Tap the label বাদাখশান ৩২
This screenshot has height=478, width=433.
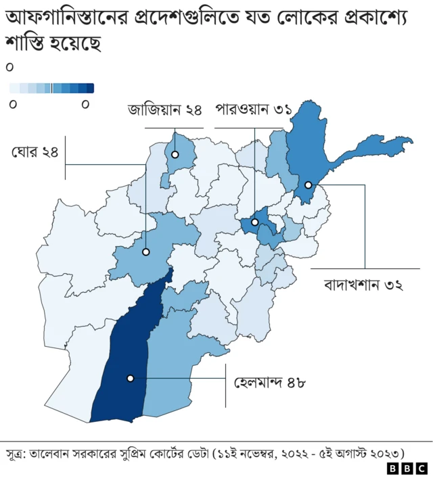point(364,285)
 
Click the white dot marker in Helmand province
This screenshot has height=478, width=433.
point(130,379)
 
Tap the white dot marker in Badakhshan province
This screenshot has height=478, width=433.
point(308,185)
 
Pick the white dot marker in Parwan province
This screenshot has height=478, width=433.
point(255,222)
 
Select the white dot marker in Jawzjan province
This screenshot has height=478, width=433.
point(175,155)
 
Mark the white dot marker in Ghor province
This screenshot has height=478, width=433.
point(145,252)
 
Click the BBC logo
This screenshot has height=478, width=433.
point(407,468)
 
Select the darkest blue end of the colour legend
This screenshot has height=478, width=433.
point(90,88)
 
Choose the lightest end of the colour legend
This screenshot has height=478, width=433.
point(14,88)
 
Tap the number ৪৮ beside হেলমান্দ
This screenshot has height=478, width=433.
point(293,383)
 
